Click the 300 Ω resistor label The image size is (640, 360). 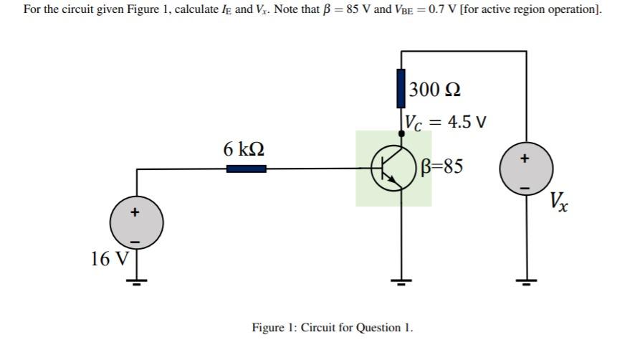(435, 90)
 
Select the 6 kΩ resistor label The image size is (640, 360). (244, 149)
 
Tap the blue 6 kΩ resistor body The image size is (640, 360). (246, 169)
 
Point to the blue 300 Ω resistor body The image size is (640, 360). (401, 88)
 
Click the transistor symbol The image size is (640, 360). (393, 169)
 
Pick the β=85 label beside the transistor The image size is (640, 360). (443, 166)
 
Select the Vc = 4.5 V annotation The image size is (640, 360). (446, 121)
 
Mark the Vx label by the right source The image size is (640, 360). (560, 202)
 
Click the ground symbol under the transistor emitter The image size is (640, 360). (401, 280)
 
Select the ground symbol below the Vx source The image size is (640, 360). (526, 280)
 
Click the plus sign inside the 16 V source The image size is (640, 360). (134, 212)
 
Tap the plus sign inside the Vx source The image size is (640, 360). (525, 158)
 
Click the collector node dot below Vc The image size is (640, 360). (401, 133)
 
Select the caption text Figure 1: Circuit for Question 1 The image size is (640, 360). (333, 328)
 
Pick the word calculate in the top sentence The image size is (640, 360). (182, 10)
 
